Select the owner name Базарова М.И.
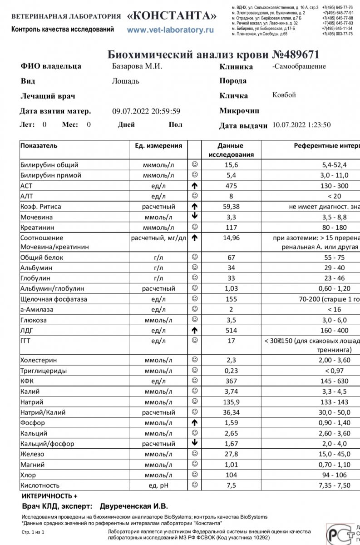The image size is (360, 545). click(137, 66)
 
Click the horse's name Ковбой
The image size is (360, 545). click(284, 95)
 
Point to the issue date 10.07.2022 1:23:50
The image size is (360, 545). click(301, 125)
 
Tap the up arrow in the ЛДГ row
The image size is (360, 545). click(194, 330)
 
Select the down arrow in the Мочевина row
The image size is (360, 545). click(194, 217)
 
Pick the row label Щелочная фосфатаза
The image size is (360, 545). click(54, 299)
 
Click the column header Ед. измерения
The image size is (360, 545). click(158, 146)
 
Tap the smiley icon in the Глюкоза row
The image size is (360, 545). click(194, 320)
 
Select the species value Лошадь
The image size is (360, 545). click(125, 81)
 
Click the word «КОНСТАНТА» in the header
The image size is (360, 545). click(172, 16)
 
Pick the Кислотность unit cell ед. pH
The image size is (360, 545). click(158, 485)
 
